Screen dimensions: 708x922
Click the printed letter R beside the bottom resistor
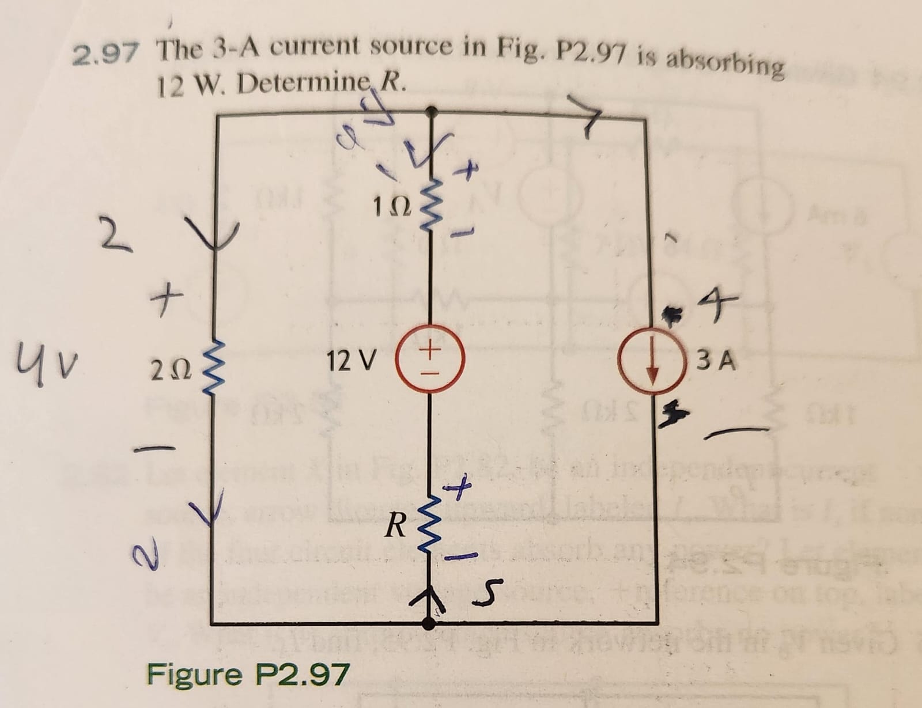coord(396,524)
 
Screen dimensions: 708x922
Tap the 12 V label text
coord(351,362)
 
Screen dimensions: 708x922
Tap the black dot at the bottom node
coord(429,622)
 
